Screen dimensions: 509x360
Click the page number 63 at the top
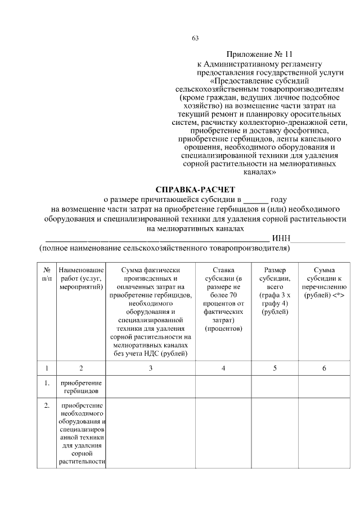(x=195, y=38)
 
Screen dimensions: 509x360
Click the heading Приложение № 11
(x=260, y=55)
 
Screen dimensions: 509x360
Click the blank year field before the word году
(x=256, y=200)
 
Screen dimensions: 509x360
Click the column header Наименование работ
(x=81, y=278)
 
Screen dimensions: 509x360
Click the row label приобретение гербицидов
(x=81, y=386)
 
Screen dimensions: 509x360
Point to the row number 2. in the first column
(x=47, y=405)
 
